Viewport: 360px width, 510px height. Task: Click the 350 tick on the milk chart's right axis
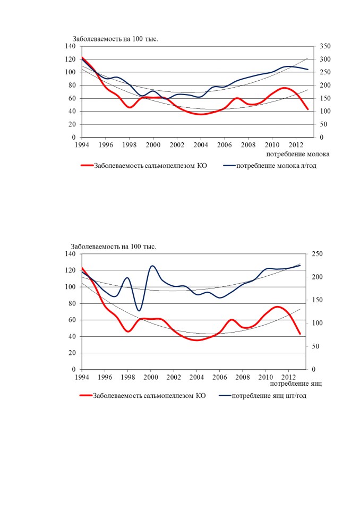point(325,46)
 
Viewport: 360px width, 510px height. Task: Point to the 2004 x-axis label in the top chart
point(201,144)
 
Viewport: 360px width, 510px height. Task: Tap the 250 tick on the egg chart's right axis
point(317,254)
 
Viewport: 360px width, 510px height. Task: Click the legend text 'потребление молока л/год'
point(276,166)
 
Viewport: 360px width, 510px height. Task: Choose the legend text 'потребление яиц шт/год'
point(269,395)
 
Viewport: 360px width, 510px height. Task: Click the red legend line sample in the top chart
point(87,166)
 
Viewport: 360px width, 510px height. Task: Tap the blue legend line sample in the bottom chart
point(225,395)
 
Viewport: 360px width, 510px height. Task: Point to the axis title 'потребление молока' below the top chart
point(298,154)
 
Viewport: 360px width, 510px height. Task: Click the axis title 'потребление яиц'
point(296,384)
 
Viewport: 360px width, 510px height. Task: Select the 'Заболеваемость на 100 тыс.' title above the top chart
point(115,39)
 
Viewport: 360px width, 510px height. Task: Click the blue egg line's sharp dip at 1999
point(139,311)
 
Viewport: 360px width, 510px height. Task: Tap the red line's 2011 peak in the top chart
point(284,88)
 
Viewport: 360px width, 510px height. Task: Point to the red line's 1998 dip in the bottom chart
point(128,331)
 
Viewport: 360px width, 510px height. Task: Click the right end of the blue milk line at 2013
point(307,69)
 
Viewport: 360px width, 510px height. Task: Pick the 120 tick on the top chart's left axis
point(70,59)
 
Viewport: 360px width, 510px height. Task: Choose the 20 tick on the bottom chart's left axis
point(72,353)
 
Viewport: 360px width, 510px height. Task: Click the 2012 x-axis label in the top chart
point(296,144)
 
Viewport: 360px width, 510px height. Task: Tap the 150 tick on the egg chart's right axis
point(317,300)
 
